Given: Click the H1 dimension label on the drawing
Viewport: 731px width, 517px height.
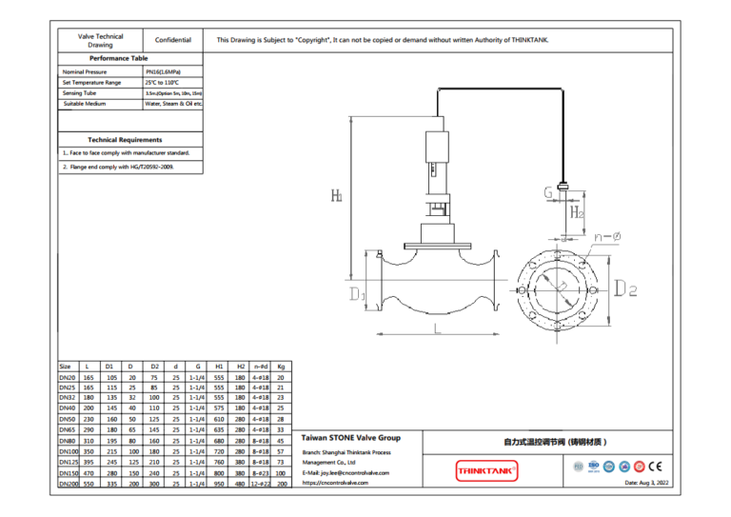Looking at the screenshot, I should (x=337, y=196).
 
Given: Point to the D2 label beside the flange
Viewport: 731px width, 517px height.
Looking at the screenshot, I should (x=625, y=288).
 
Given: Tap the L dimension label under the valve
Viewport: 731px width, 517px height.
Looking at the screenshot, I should (x=437, y=328).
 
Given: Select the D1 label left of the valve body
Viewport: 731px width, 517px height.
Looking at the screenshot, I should (x=356, y=295).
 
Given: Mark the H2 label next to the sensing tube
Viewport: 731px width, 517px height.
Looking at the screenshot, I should (x=577, y=211).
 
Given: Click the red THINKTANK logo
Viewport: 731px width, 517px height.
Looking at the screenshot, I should (x=486, y=469).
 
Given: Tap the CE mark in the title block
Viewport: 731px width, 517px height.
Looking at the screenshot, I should (x=654, y=467).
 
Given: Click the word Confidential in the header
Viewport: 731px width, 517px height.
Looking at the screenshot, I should (x=173, y=40).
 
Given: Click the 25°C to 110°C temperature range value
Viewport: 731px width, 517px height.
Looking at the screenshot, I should (x=163, y=82).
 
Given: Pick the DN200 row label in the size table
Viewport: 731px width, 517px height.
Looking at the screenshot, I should (x=67, y=484).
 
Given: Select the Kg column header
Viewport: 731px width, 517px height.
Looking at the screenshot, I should (x=281, y=366).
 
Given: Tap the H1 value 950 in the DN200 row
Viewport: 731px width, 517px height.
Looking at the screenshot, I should (x=219, y=484).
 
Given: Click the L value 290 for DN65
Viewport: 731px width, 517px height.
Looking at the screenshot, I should (x=89, y=429).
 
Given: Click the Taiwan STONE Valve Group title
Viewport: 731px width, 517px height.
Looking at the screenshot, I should (x=351, y=438).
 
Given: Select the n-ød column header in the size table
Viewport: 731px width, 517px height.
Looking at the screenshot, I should (x=260, y=366).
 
